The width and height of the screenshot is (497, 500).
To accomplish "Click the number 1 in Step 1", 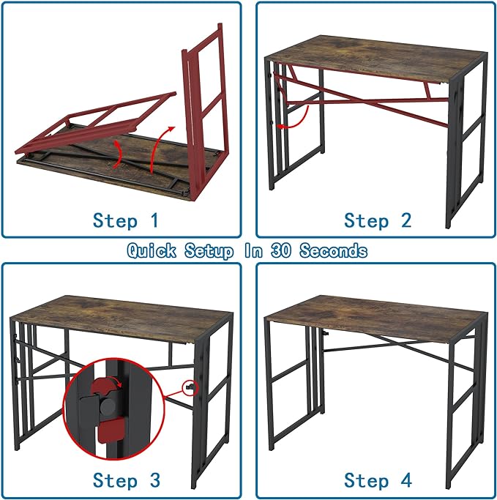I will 152,220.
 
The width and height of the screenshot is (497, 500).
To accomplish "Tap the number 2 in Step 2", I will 406,220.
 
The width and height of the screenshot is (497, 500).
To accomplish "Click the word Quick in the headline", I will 152,251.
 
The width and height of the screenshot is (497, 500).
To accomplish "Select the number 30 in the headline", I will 280,251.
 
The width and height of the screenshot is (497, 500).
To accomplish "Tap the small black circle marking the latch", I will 191,386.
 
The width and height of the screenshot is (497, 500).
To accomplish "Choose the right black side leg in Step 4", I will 466,410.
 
